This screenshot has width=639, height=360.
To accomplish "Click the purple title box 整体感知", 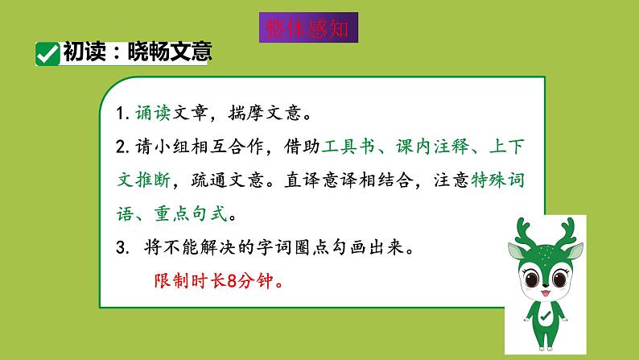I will coord(308,27).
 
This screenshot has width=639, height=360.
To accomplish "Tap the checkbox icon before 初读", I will coord(47,54).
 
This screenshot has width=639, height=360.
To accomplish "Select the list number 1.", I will coord(122,114).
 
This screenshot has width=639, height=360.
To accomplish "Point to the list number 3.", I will coord(122,249).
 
